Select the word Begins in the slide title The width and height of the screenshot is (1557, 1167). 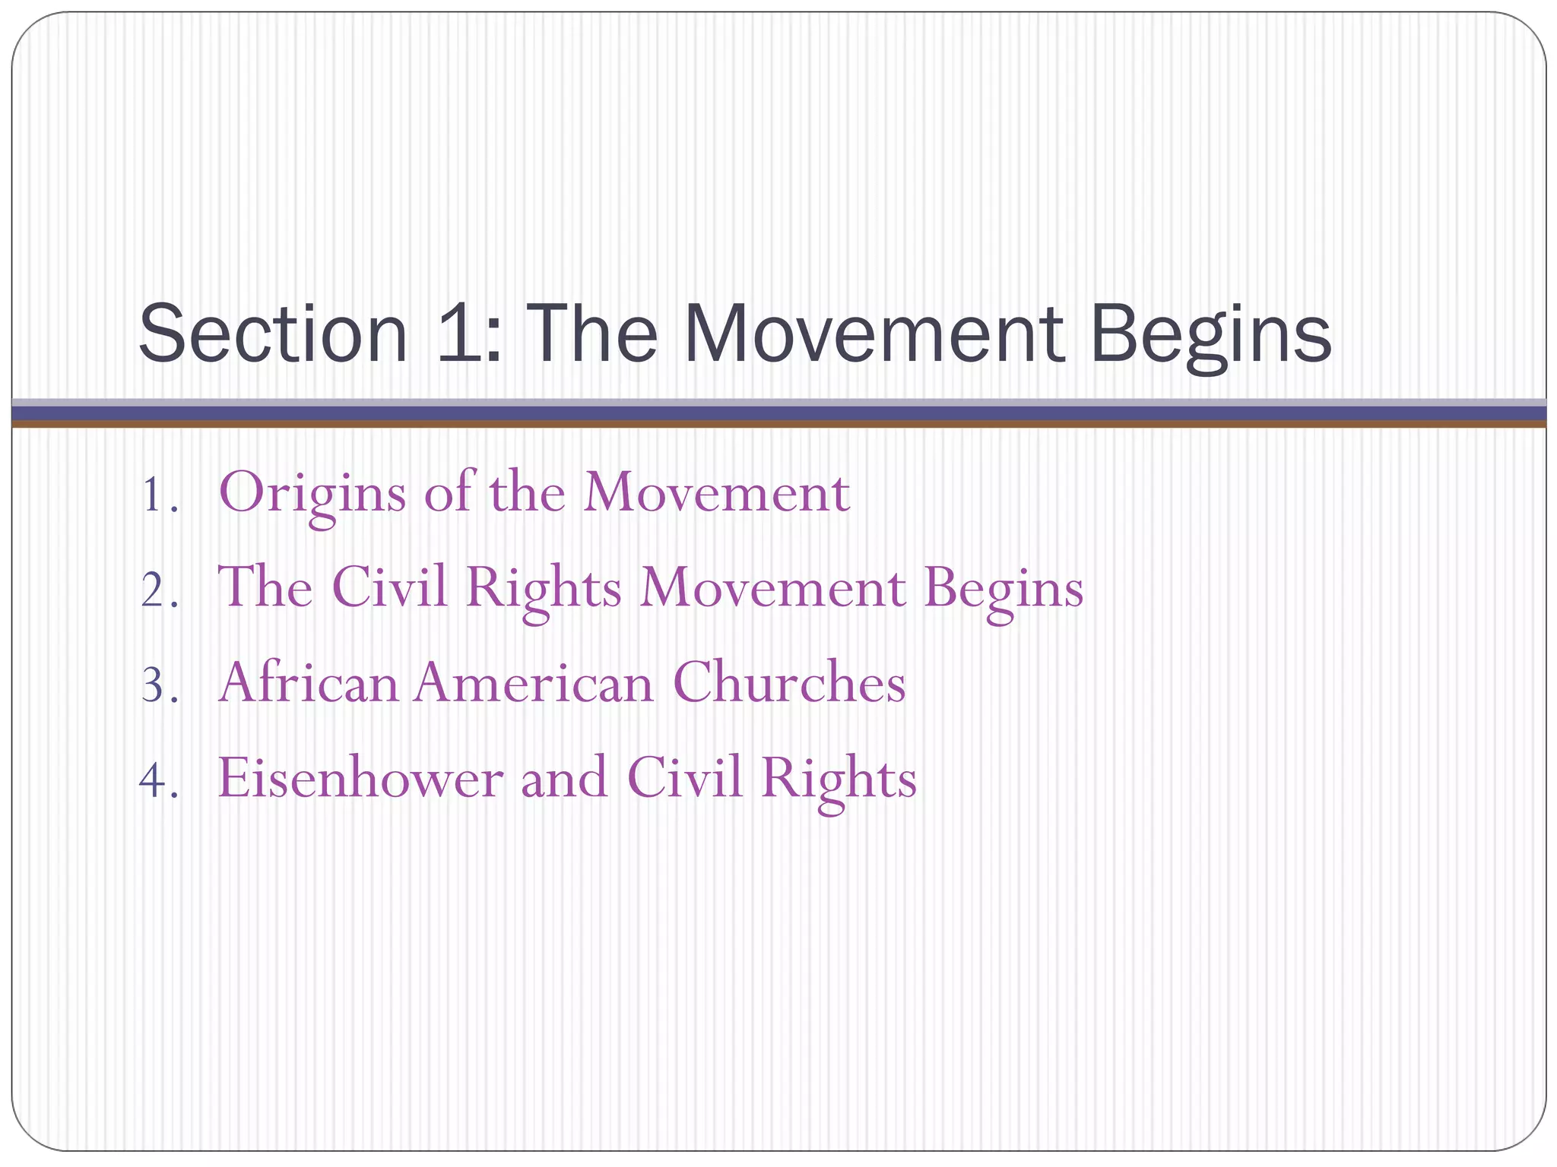point(1210,335)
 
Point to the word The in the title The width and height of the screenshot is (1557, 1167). point(590,335)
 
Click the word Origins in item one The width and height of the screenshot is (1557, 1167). point(312,494)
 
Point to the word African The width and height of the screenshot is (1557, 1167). point(309,682)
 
